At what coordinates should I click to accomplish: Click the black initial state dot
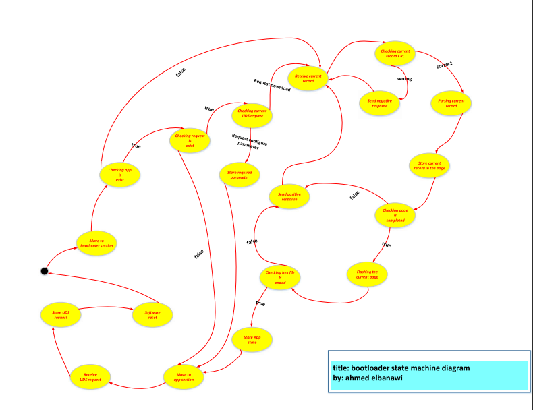(x=44, y=271)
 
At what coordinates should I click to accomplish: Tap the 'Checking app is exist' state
(x=119, y=175)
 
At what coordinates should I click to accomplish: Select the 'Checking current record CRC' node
(x=396, y=54)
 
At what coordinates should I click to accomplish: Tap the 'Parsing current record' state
(x=451, y=103)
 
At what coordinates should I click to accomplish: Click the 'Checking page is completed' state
(x=395, y=216)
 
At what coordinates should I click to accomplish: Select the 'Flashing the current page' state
(x=367, y=275)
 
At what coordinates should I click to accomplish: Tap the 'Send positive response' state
(x=289, y=196)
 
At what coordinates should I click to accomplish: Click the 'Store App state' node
(x=252, y=340)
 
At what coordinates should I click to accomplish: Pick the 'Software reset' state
(x=152, y=314)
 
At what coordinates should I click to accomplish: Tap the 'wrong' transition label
(x=404, y=79)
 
